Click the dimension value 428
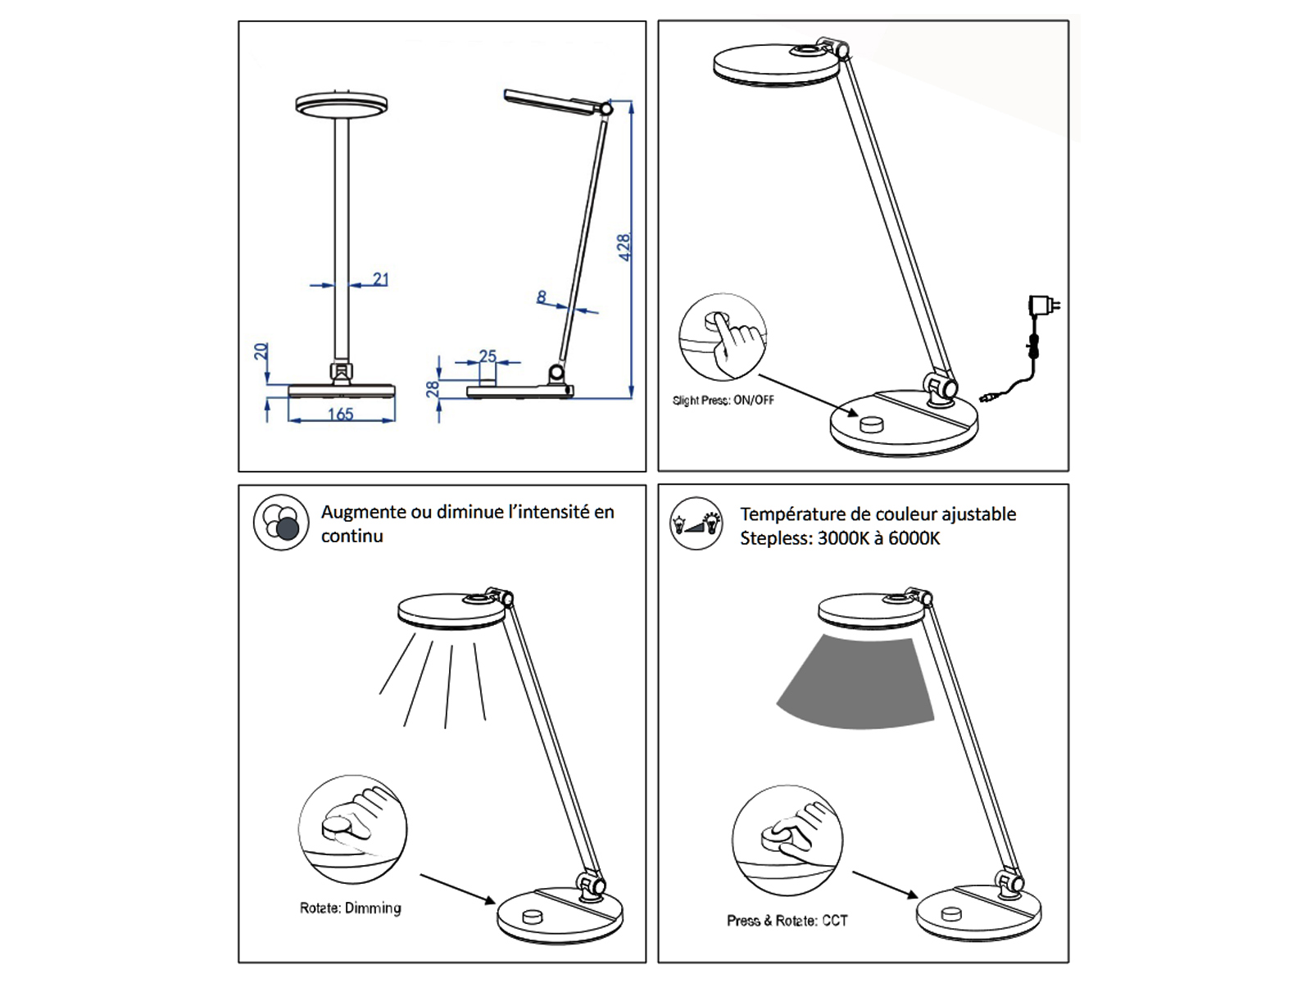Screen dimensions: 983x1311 click(x=624, y=247)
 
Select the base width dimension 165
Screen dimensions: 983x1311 click(x=340, y=414)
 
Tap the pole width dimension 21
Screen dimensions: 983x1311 click(x=380, y=279)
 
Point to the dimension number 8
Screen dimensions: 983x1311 click(x=542, y=297)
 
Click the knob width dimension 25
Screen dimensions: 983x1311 click(x=488, y=356)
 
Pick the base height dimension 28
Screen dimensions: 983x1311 click(x=433, y=388)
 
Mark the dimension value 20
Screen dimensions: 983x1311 click(x=261, y=351)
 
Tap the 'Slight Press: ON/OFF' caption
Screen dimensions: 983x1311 click(x=723, y=401)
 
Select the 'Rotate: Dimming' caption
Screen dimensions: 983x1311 click(x=350, y=908)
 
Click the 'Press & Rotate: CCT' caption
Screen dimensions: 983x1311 click(x=787, y=921)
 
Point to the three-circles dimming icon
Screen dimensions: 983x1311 click(x=280, y=522)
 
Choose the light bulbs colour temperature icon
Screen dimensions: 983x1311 click(x=696, y=523)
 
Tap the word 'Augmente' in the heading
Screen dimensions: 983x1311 click(x=364, y=512)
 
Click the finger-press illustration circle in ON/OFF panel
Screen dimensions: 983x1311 click(x=723, y=337)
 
